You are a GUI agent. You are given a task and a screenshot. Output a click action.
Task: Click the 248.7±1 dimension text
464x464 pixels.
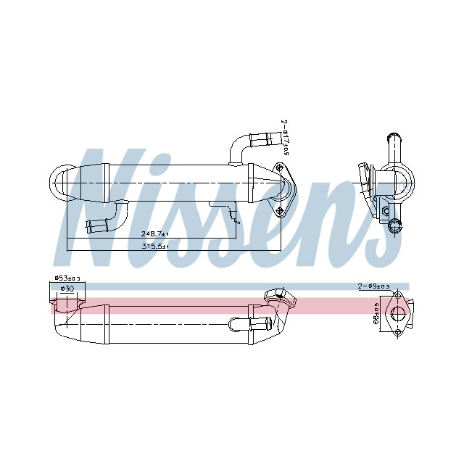click(x=154, y=234)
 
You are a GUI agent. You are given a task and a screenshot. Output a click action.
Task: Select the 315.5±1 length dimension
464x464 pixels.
click(x=154, y=247)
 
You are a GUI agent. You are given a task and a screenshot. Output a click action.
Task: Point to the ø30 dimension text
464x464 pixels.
click(x=66, y=289)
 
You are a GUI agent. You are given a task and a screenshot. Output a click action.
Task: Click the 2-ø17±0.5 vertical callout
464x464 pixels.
click(x=286, y=138)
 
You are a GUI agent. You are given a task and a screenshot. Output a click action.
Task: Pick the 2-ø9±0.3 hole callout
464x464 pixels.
click(x=373, y=287)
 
